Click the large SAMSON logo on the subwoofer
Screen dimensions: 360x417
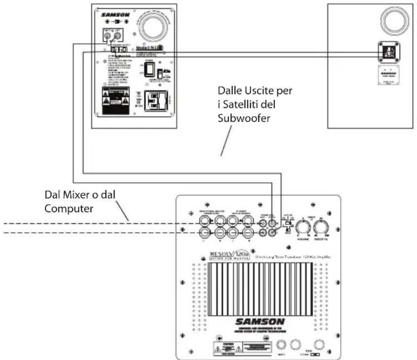coord(260,322)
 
